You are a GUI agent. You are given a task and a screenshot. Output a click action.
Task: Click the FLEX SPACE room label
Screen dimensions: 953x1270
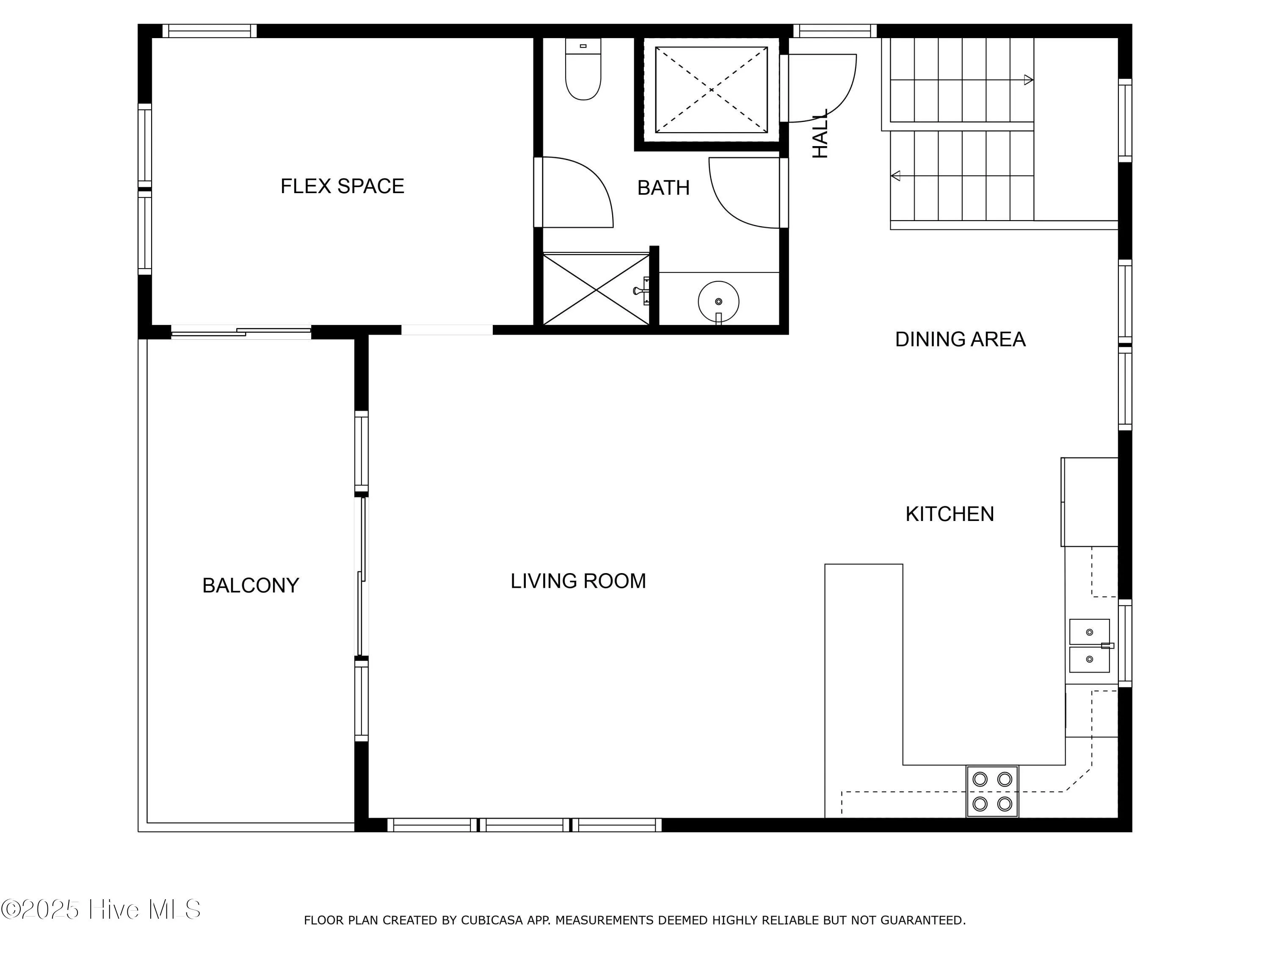coord(342,186)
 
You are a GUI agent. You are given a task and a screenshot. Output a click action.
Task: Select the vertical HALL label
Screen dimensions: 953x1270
coord(820,134)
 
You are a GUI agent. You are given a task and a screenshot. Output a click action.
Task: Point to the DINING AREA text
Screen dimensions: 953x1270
coord(960,340)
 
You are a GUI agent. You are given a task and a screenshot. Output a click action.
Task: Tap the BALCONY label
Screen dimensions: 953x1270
coord(250,585)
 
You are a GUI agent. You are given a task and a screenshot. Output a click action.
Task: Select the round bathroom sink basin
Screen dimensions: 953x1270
coord(718,302)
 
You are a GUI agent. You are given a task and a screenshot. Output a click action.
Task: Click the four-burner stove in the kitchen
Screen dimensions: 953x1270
coord(992,791)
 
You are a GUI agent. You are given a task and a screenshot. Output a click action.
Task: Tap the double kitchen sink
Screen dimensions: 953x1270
coord(1089,645)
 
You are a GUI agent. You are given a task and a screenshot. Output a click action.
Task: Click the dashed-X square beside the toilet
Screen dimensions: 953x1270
coord(711,90)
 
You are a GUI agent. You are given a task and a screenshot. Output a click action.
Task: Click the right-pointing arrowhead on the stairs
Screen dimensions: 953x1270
coord(1029,80)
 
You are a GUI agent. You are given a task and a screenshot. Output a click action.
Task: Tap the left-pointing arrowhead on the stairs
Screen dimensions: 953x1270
coord(895,176)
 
